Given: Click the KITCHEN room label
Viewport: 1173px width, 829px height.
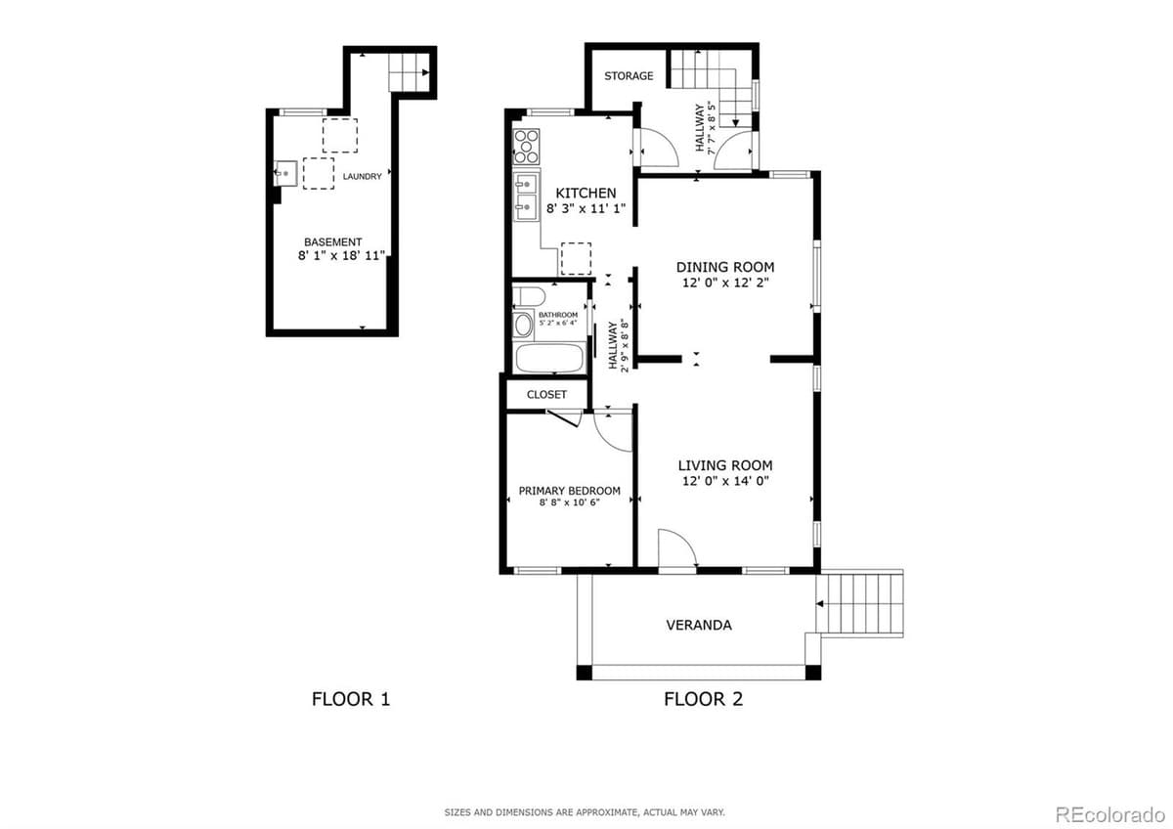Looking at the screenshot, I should pos(586,193).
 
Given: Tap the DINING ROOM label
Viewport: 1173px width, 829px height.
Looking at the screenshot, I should pos(725,267).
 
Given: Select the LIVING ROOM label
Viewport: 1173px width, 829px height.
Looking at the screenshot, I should pos(725,465).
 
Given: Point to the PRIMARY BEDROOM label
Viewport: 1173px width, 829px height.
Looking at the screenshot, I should pos(569,491).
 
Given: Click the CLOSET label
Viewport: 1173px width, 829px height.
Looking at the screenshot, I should pos(546,394).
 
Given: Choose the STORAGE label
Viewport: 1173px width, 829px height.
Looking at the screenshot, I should pos(628,76).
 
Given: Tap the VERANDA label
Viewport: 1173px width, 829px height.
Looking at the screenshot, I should pos(698,625).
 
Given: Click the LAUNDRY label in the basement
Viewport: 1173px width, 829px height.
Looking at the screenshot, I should pos(362,177).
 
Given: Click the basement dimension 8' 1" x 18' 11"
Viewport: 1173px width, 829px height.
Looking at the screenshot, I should pos(342,255).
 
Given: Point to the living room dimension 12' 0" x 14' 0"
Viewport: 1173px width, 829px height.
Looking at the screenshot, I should pos(725,481).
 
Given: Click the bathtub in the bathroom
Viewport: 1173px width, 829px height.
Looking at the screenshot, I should pos(549,358).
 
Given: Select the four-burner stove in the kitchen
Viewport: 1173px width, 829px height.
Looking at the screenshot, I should pos(526,147).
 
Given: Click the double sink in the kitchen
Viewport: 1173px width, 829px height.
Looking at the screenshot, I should pos(525,194).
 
